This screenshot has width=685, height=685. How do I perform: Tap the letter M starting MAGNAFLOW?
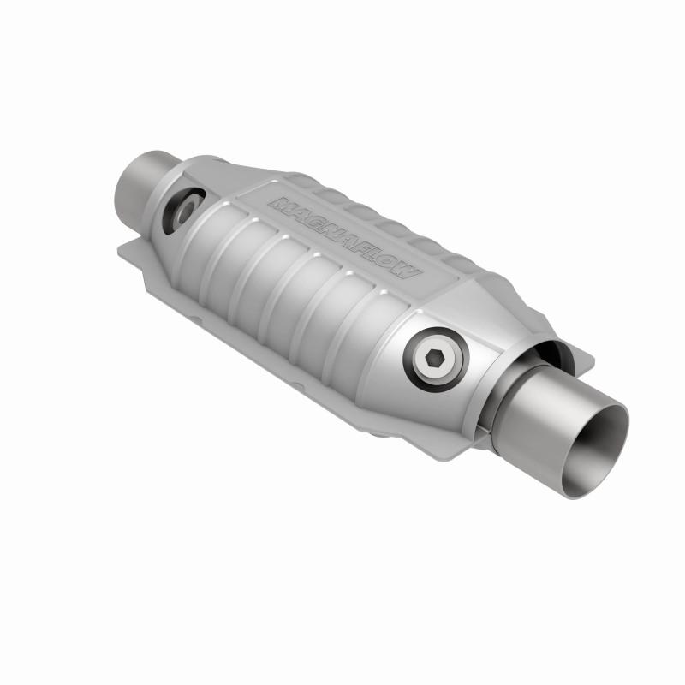tap(278, 203)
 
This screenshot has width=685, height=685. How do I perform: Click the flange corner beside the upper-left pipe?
tap(128, 251)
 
